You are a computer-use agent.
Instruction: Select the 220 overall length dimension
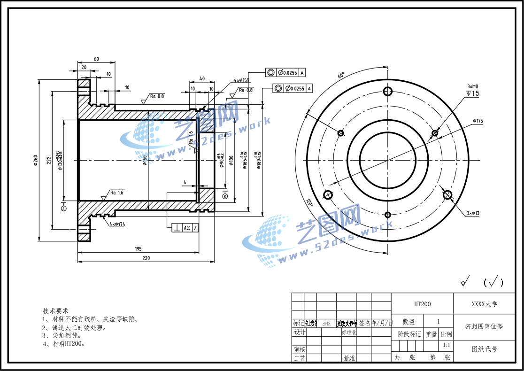(x=146, y=258)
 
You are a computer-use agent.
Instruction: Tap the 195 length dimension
(x=138, y=249)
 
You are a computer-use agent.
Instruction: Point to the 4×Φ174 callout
(x=117, y=224)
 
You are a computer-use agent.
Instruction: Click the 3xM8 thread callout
(x=472, y=86)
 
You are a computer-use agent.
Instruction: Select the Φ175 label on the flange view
(x=478, y=121)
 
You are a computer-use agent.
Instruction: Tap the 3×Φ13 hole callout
(x=473, y=214)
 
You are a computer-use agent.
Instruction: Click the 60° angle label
(x=341, y=75)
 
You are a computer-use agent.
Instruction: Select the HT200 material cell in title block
(x=422, y=304)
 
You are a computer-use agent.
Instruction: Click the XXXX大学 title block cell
(x=484, y=304)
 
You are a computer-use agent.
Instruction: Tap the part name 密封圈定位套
(x=484, y=326)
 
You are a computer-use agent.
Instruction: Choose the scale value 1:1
(x=447, y=346)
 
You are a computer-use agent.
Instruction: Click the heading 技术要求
(x=55, y=311)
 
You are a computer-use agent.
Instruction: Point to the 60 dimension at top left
(x=96, y=59)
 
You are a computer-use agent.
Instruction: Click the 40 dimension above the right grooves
(x=202, y=79)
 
